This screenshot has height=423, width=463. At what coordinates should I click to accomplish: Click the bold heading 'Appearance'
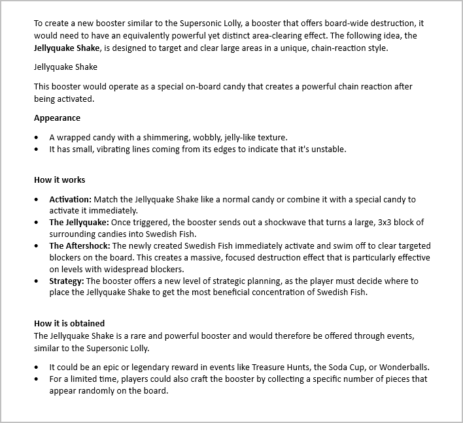58,118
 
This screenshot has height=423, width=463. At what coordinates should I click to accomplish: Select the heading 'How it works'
60,180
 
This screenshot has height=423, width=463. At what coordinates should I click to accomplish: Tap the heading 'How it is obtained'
69,323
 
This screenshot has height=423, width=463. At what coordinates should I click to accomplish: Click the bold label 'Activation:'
71,199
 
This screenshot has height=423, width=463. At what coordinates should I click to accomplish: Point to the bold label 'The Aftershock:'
79,246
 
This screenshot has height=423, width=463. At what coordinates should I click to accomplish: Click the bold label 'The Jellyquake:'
79,223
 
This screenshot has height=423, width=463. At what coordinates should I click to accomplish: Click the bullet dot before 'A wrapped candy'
35,138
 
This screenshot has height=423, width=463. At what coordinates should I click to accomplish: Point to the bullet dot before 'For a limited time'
35,379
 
